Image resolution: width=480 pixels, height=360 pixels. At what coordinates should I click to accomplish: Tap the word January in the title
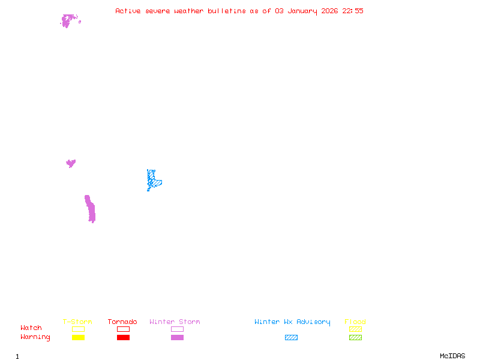click(304, 11)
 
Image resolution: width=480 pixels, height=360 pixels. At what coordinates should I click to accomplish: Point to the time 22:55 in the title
click(353, 11)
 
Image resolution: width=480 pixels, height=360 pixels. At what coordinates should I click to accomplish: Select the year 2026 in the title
click(330, 11)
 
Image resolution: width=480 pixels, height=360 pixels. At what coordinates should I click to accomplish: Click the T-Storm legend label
click(77, 322)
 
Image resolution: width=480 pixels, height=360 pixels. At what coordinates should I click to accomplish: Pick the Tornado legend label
click(122, 322)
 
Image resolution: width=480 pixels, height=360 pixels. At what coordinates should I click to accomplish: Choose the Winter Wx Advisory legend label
click(292, 322)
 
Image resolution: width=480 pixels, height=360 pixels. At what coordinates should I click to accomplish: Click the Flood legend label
click(355, 322)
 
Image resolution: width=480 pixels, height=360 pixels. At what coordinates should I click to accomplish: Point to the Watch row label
click(31, 328)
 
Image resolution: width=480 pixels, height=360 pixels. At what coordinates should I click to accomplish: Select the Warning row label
click(35, 337)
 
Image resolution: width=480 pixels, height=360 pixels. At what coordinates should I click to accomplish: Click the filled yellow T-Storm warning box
click(78, 338)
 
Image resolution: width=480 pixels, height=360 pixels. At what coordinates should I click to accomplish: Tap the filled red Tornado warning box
click(123, 338)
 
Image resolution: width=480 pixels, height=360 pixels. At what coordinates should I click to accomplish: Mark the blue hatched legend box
click(291, 338)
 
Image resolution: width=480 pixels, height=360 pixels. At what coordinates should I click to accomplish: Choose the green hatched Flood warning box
click(355, 338)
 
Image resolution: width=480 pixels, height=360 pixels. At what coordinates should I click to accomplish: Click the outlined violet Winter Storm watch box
click(177, 329)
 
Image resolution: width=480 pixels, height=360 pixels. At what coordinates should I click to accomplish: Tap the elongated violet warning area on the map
click(90, 209)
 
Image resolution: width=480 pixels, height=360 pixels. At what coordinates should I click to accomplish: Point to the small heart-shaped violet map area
click(71, 163)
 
